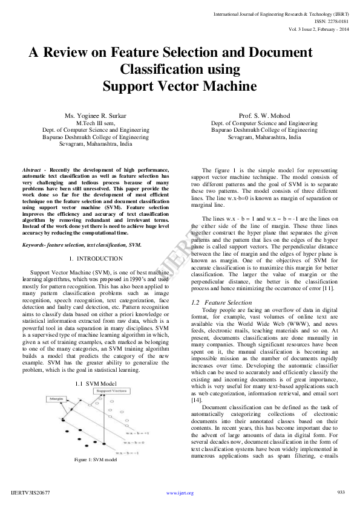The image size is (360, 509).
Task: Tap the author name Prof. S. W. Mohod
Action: [264, 115]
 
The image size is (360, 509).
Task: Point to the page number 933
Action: [341, 492]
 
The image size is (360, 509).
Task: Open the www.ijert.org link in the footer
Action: [180, 493]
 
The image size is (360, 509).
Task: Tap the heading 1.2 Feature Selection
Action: [221, 302]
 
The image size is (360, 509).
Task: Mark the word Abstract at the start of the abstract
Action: [31, 170]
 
